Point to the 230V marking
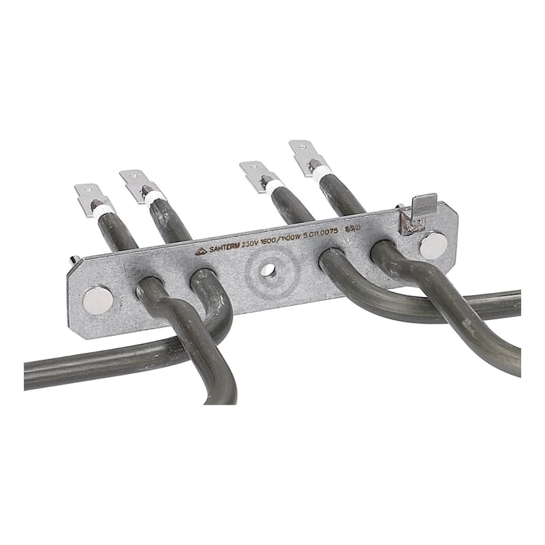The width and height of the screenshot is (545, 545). (x=263, y=243)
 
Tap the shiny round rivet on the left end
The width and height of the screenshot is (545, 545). (x=97, y=300)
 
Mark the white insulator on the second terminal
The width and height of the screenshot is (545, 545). (x=154, y=198)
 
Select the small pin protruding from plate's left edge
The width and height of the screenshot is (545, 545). (x=76, y=260)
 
